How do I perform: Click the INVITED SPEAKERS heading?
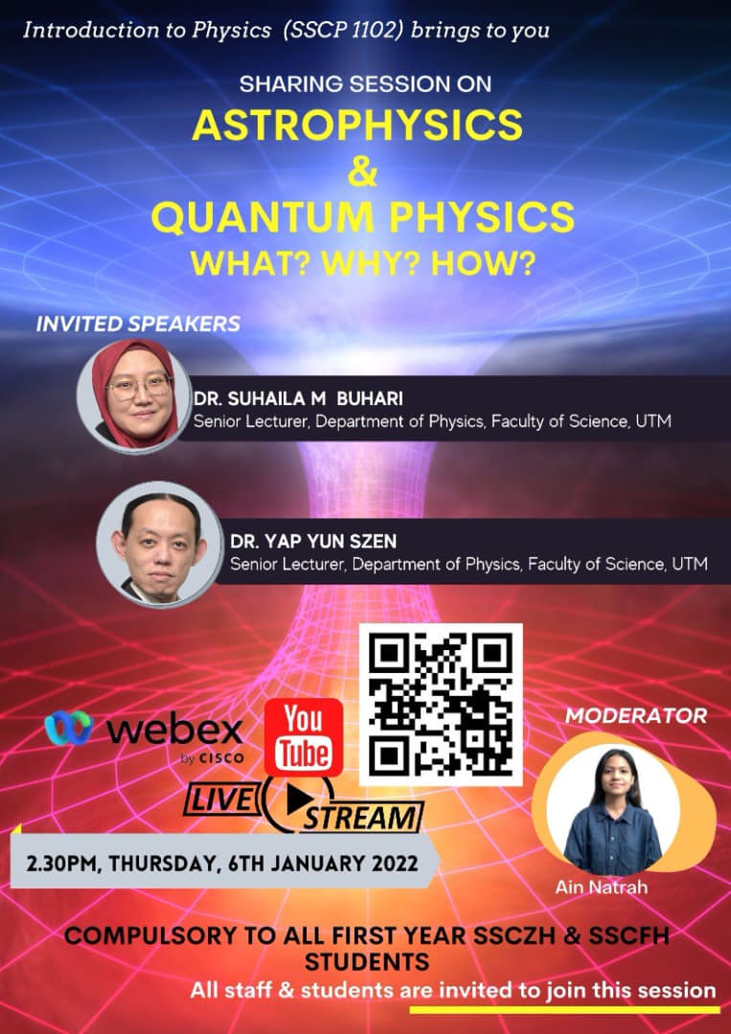138,324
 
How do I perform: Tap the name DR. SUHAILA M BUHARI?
298,399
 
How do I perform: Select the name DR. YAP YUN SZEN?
313,541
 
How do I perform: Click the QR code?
441,705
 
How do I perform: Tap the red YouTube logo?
304,737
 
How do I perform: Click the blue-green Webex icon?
69,728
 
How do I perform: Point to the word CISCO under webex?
221,759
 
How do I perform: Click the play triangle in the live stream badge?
300,799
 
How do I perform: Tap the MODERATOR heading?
636,715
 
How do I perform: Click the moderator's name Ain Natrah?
601,887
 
